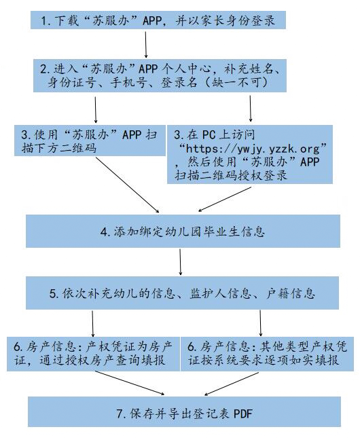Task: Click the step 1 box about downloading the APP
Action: (158, 20)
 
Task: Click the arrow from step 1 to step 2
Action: (146, 45)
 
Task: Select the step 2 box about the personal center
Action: (160, 75)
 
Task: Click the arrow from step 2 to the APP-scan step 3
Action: (96, 110)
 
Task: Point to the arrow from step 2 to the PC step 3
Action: (251, 109)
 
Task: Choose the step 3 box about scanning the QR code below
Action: (90, 141)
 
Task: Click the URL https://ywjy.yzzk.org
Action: (253, 148)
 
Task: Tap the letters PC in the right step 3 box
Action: (209, 135)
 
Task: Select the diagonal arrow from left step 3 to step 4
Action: (128, 185)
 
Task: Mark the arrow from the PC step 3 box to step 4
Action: (224, 200)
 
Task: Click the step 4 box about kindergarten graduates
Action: (183, 231)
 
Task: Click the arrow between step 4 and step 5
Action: (180, 262)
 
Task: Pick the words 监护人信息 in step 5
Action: (220, 293)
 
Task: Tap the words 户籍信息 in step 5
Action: (290, 293)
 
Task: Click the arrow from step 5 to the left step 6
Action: (93, 324)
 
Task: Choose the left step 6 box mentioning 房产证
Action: (93, 354)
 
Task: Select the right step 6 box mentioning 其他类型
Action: (267, 354)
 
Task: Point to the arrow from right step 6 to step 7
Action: (232, 384)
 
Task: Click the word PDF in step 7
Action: (243, 413)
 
